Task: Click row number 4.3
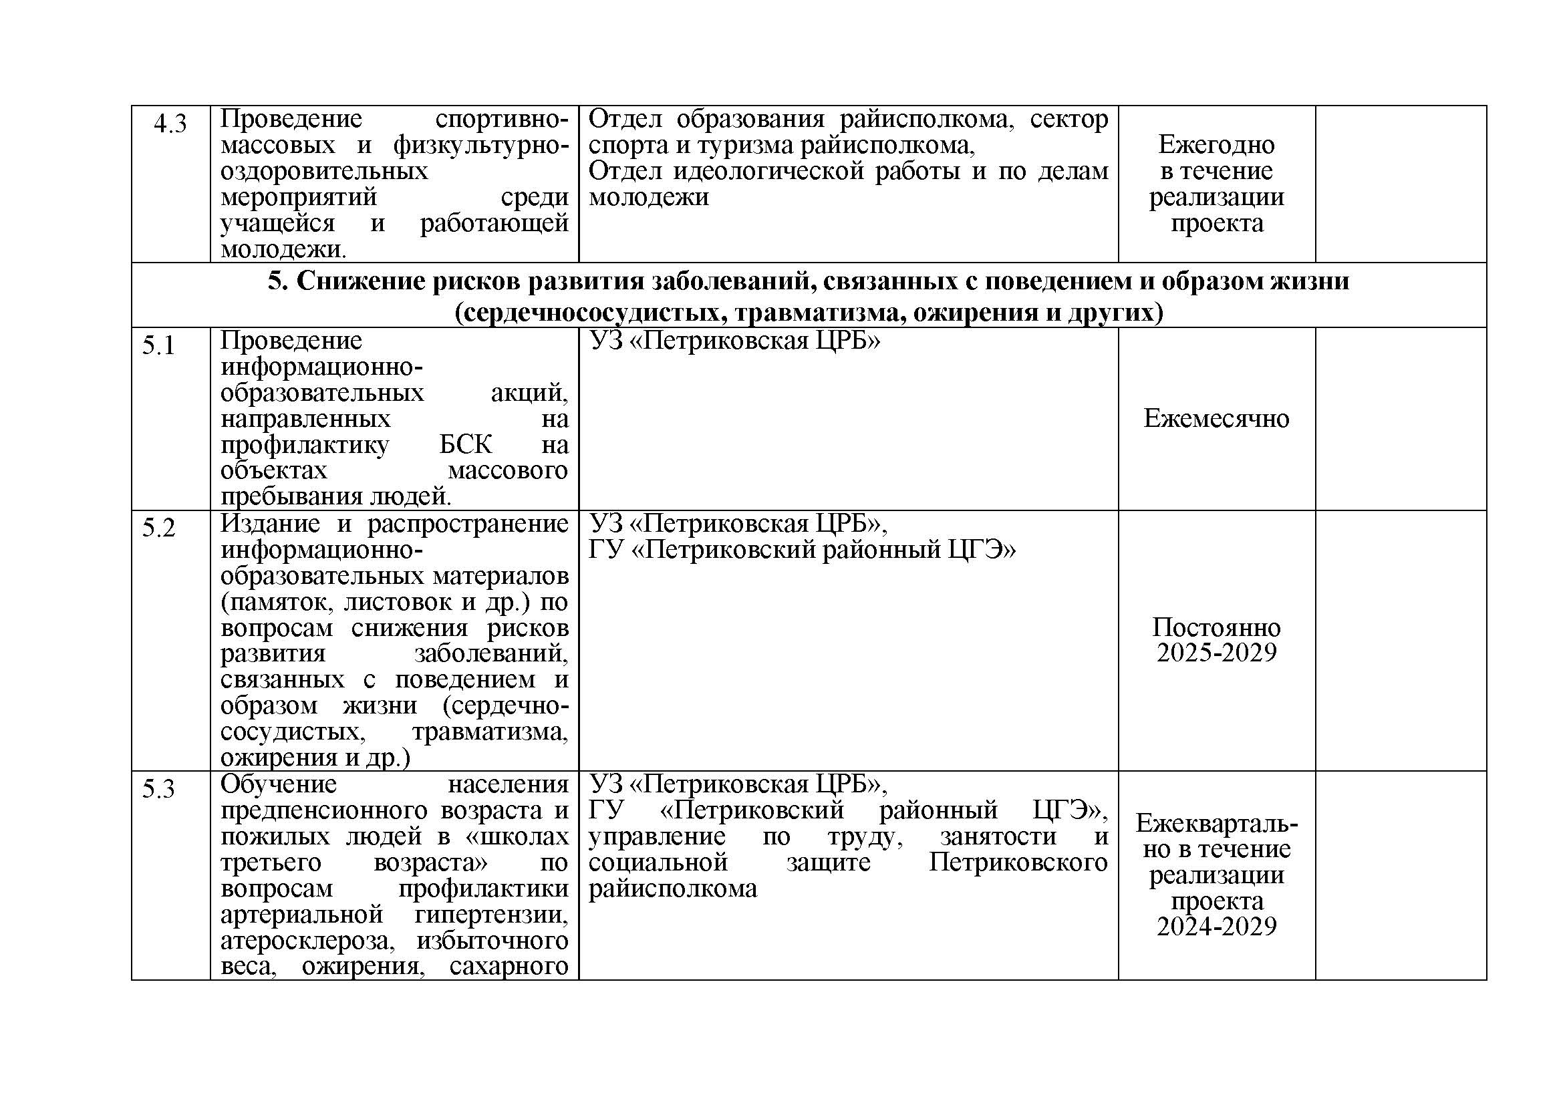pos(170,124)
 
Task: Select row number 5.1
pos(158,345)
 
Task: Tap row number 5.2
pos(158,528)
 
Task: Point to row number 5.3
pos(158,788)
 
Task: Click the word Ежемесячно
pos(1216,418)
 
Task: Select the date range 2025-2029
pos(1216,653)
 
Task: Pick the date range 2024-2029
pos(1216,927)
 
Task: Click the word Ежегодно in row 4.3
pos(1216,144)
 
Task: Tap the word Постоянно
pos(1216,627)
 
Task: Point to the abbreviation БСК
pos(465,445)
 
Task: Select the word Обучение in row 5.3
pos(279,784)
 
